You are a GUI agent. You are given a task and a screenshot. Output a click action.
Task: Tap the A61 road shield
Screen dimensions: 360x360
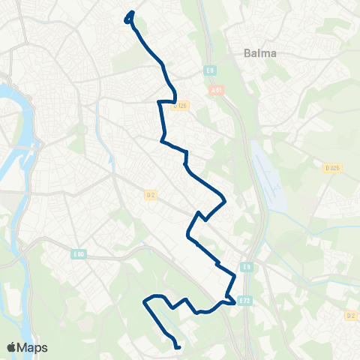pyautogui.click(x=217, y=91)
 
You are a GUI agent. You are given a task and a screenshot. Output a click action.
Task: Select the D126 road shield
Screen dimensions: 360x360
pyautogui.click(x=179, y=106)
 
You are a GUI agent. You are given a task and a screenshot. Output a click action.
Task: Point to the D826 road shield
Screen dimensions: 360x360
pyautogui.click(x=333, y=168)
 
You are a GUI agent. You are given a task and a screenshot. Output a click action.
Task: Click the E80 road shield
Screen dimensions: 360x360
pyautogui.click(x=79, y=255)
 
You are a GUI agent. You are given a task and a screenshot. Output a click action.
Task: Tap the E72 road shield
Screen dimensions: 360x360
pyautogui.click(x=244, y=300)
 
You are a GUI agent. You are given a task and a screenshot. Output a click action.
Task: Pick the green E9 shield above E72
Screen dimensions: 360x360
pyautogui.click(x=246, y=266)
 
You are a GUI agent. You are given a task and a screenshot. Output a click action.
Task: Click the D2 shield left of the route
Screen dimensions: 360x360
pyautogui.click(x=151, y=195)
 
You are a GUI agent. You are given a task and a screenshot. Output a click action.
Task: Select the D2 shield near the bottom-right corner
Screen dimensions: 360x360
pyautogui.click(x=349, y=316)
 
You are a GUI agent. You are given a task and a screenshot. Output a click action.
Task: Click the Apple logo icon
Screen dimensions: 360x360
pyautogui.click(x=12, y=347)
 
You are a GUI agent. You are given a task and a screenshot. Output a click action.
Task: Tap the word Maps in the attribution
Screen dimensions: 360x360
pyautogui.click(x=34, y=347)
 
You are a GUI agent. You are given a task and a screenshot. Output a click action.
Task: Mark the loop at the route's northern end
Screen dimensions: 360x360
pyautogui.click(x=129, y=16)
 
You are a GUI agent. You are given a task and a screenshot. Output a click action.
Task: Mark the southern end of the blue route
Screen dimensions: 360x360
pyautogui.click(x=178, y=347)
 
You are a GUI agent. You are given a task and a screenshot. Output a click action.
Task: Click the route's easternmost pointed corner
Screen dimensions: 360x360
pyautogui.click(x=225, y=199)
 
